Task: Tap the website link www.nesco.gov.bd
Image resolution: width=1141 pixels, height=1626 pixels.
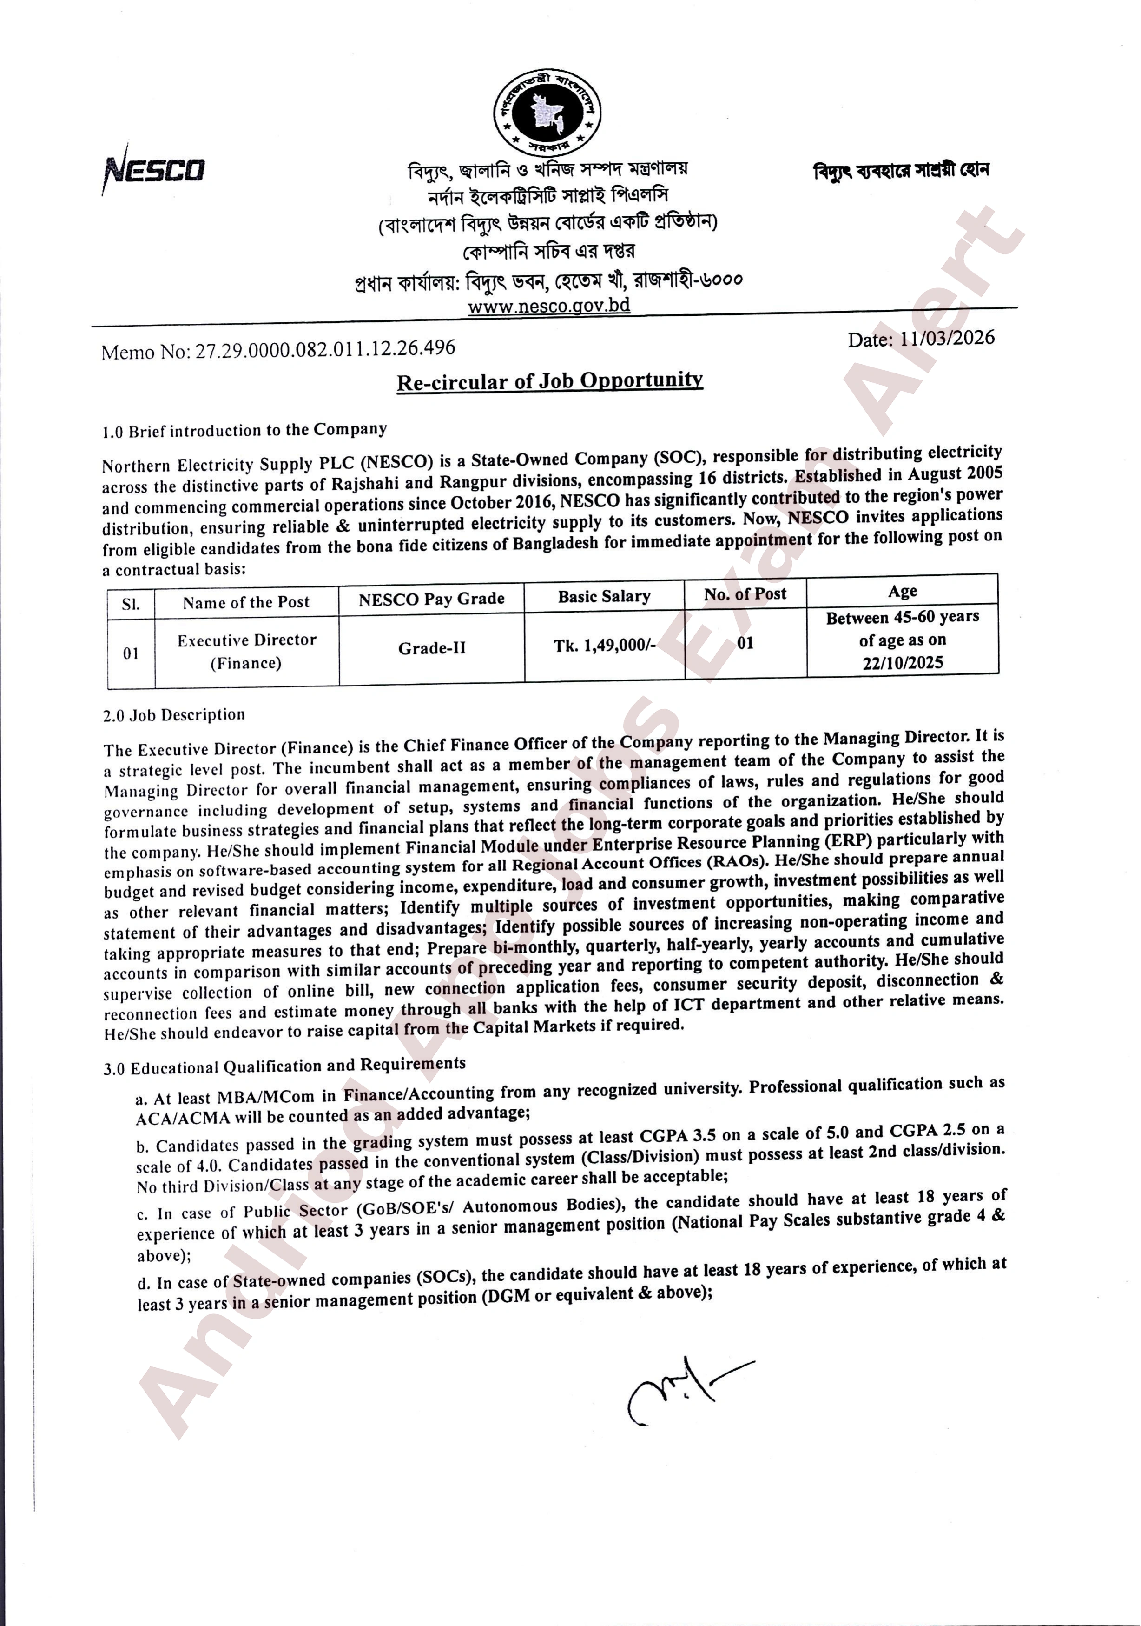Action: pyautogui.click(x=548, y=306)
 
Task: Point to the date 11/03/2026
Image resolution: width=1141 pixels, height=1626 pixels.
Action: pyautogui.click(x=946, y=338)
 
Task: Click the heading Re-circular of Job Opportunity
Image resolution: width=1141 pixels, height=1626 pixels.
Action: pyautogui.click(x=549, y=381)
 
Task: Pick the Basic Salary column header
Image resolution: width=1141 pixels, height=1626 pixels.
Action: pyautogui.click(x=604, y=596)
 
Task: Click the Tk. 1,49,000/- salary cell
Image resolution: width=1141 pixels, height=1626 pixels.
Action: pyautogui.click(x=604, y=645)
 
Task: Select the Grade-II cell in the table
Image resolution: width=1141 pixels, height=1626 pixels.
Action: pyautogui.click(x=432, y=648)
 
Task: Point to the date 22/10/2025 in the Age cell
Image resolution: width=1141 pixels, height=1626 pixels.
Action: pyautogui.click(x=903, y=663)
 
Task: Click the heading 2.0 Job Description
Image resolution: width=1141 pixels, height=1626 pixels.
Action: pyautogui.click(x=174, y=715)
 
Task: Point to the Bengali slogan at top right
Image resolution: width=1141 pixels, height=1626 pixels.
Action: pyautogui.click(x=901, y=170)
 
